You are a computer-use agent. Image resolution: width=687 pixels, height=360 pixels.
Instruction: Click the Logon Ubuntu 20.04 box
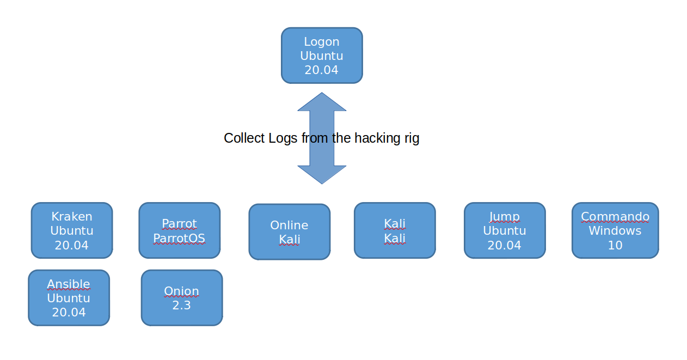pyautogui.click(x=322, y=56)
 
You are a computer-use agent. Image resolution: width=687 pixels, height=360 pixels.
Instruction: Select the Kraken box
pyautogui.click(x=72, y=230)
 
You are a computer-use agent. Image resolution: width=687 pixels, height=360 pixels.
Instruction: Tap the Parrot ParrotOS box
pyautogui.click(x=179, y=230)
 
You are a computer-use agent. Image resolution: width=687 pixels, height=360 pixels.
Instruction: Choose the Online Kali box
pyautogui.click(x=290, y=232)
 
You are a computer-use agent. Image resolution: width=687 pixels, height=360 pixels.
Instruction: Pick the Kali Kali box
pyautogui.click(x=395, y=230)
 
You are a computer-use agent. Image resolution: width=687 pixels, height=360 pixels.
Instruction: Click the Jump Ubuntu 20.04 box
pyautogui.click(x=505, y=230)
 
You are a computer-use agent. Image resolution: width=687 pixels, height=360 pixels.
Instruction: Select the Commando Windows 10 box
pyautogui.click(x=615, y=230)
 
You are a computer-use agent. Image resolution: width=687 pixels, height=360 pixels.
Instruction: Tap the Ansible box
pyautogui.click(x=69, y=298)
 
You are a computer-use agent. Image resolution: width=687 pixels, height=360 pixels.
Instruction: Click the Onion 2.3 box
pyautogui.click(x=182, y=298)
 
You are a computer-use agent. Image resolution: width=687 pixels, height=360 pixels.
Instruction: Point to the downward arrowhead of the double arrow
pyautogui.click(x=322, y=174)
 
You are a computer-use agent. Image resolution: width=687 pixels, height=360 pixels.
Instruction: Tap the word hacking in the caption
pyautogui.click(x=377, y=138)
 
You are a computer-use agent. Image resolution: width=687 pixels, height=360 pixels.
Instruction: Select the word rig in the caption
pyautogui.click(x=412, y=138)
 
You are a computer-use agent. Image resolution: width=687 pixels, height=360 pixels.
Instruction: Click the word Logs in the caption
pyautogui.click(x=284, y=138)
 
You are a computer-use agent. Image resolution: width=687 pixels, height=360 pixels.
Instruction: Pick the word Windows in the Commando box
pyautogui.click(x=615, y=231)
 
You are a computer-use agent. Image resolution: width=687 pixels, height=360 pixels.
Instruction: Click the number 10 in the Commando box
pyautogui.click(x=615, y=245)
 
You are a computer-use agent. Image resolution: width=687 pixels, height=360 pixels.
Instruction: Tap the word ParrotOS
pyautogui.click(x=179, y=238)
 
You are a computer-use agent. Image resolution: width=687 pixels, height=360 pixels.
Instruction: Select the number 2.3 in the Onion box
pyautogui.click(x=182, y=305)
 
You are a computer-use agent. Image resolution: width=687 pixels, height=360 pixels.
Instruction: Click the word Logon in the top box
pyautogui.click(x=322, y=41)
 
